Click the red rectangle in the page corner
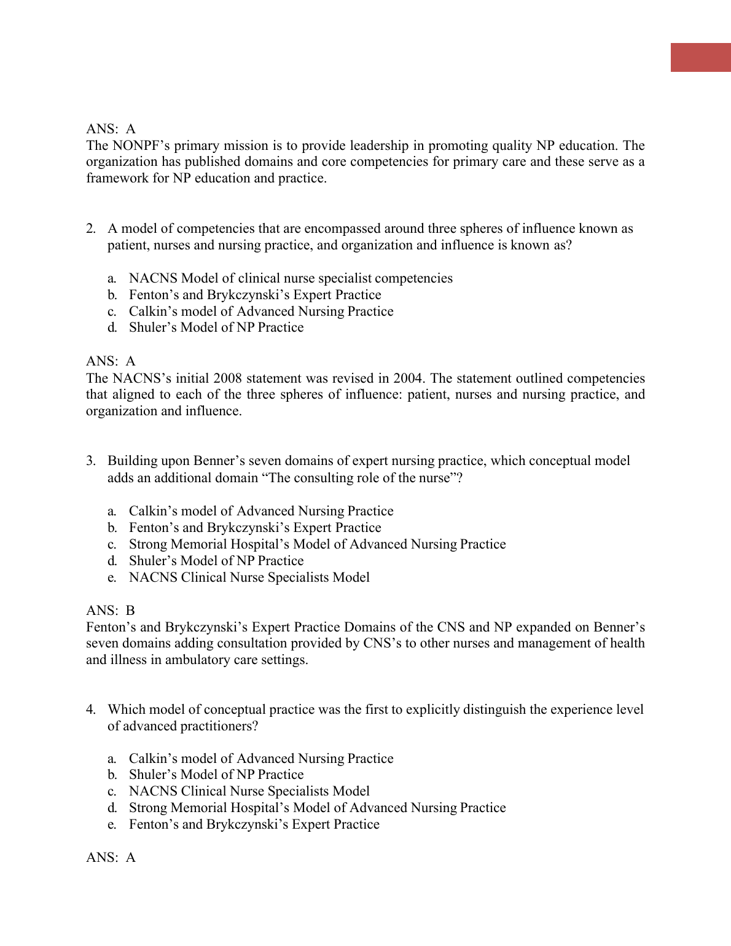[x=700, y=57]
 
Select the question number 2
[x=91, y=229]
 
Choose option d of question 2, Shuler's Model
[x=216, y=327]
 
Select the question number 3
[x=91, y=461]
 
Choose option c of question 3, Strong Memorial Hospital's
[x=317, y=544]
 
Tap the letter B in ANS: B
[x=130, y=611]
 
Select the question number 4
[x=91, y=709]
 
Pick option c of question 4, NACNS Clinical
[x=249, y=791]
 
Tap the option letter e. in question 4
[x=112, y=824]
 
